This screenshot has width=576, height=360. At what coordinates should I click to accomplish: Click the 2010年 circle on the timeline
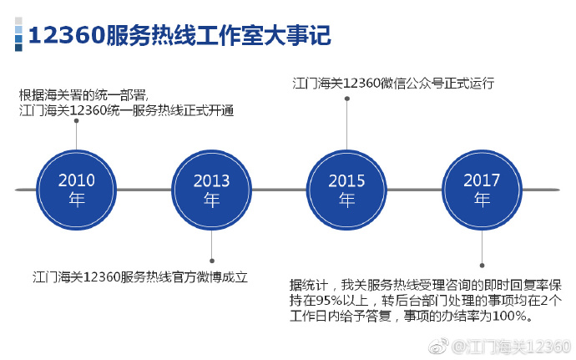pyautogui.click(x=77, y=190)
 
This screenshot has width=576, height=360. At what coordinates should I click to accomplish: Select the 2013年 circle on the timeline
pyautogui.click(x=211, y=190)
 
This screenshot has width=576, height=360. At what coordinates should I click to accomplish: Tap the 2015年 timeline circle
pyautogui.click(x=346, y=190)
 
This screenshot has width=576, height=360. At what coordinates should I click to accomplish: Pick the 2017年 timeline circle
pyautogui.click(x=482, y=190)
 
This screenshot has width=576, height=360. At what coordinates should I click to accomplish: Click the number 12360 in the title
pyautogui.click(x=67, y=36)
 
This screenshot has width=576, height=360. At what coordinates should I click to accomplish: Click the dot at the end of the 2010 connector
pyautogui.click(x=76, y=120)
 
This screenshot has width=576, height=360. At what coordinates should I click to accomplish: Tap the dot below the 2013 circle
pyautogui.click(x=212, y=261)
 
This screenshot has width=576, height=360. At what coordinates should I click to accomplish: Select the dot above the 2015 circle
pyautogui.click(x=346, y=99)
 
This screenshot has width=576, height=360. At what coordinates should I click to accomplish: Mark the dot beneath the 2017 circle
pyautogui.click(x=482, y=266)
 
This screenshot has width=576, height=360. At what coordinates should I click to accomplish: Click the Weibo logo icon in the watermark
pyautogui.click(x=439, y=346)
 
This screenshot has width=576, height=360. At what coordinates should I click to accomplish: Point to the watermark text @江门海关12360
pyautogui.click(x=512, y=347)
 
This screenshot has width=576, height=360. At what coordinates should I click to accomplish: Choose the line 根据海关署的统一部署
pyautogui.click(x=83, y=95)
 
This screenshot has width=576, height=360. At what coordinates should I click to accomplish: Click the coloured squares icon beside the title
pyautogui.click(x=18, y=34)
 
